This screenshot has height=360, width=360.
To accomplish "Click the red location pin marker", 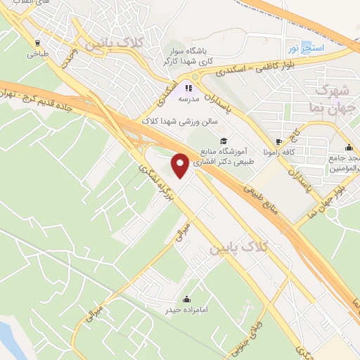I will [x=181, y=165].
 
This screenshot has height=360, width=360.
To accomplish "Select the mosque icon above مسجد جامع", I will [x=349, y=148].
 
